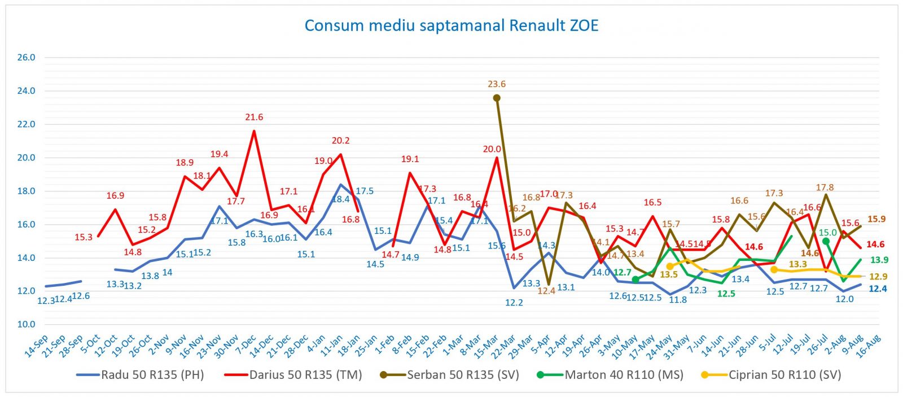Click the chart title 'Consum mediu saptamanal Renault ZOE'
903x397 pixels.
[x=451, y=26]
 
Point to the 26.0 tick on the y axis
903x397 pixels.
[x=26, y=58]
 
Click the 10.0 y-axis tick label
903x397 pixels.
[x=26, y=325]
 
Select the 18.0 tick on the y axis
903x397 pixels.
[x=26, y=191]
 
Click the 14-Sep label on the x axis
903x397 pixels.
[x=36, y=346]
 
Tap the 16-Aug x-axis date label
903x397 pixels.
[x=869, y=346]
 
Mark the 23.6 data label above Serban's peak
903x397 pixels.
[x=497, y=84]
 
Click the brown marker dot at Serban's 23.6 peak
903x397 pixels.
[x=497, y=98]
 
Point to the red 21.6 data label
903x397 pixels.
[x=254, y=117]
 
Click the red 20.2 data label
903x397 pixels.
[x=340, y=141]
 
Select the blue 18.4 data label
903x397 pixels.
[x=340, y=199]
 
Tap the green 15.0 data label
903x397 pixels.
[x=827, y=233]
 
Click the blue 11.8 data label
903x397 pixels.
[x=678, y=300]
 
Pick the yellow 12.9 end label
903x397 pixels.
[x=878, y=277]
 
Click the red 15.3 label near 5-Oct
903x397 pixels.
[x=84, y=237]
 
